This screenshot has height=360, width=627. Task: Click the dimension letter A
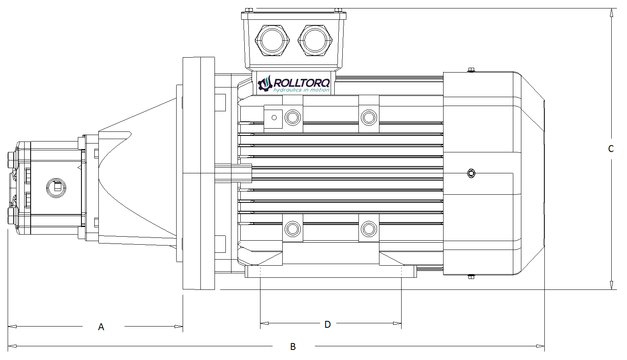101,327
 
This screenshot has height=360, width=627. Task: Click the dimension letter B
293,346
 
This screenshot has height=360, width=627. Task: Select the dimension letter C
611,149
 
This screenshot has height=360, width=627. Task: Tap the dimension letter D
327,324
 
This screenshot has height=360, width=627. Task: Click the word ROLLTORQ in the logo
302,83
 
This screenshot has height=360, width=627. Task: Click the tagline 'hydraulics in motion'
301,90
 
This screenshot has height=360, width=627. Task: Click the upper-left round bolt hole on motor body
292,117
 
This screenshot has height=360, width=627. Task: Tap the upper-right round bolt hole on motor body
368,117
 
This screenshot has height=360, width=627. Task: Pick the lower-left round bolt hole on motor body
292,229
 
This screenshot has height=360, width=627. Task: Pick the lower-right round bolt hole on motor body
368,229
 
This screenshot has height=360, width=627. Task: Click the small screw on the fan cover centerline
471,174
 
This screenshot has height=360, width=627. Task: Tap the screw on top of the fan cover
471,71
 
